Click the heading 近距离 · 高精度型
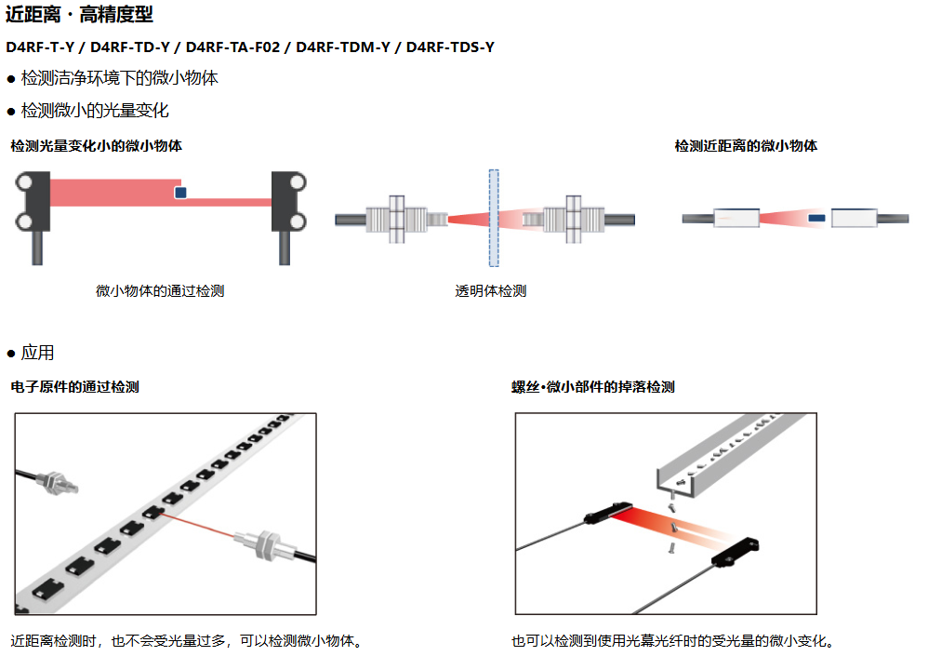tap(80, 14)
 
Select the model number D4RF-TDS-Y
tap(450, 47)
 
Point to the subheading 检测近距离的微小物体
tap(746, 146)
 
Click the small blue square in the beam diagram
tap(180, 192)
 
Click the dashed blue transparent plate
tap(494, 218)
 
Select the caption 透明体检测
tap(491, 290)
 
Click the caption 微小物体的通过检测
tap(160, 290)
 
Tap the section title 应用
tap(37, 353)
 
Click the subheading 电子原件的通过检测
tap(74, 387)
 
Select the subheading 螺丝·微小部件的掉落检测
tap(592, 387)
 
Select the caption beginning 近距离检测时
tap(186, 641)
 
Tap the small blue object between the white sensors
tap(815, 219)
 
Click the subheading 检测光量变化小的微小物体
tap(96, 146)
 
